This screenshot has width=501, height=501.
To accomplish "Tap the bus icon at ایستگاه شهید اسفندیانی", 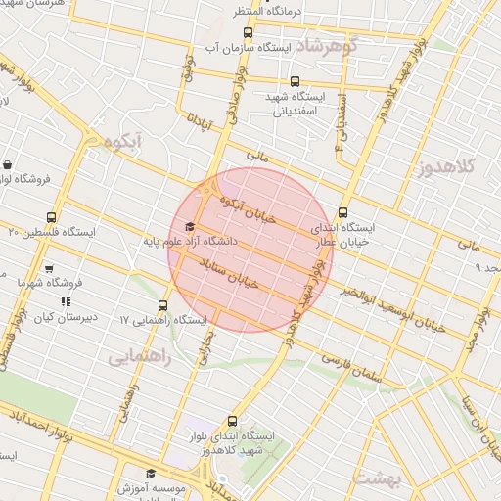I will pos(296,82).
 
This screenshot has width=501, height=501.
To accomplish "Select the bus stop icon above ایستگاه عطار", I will pos(342,212).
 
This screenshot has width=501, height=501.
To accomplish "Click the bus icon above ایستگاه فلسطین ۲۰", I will pos(51,217).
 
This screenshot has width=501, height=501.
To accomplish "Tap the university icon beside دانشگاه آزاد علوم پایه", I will pos(189,228).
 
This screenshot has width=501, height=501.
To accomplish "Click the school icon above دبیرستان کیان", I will pos(66,302).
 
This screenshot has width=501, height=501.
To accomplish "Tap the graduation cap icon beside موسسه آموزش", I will pos(151,475).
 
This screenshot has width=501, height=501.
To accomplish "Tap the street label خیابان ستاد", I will pos(228,273).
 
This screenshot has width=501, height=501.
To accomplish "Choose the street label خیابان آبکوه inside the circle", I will pos(249,208).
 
